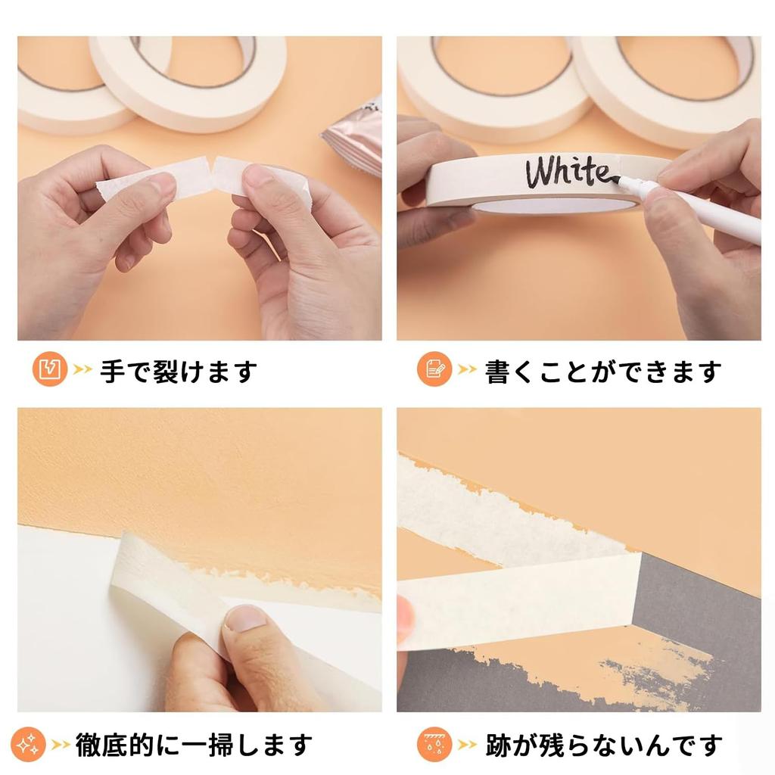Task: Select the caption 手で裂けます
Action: [x=179, y=371]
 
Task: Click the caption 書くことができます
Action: [x=602, y=371]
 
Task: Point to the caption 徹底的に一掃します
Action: [x=194, y=744]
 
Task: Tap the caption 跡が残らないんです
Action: [x=602, y=744]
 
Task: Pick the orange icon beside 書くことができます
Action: [x=434, y=370]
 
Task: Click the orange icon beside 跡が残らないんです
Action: [x=434, y=744]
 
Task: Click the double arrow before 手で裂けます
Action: [x=82, y=371]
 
